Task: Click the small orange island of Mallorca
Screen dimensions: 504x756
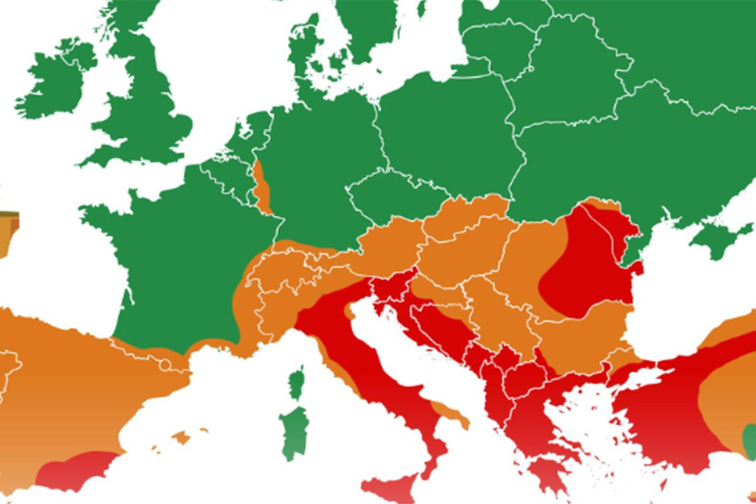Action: (x=180, y=438)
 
